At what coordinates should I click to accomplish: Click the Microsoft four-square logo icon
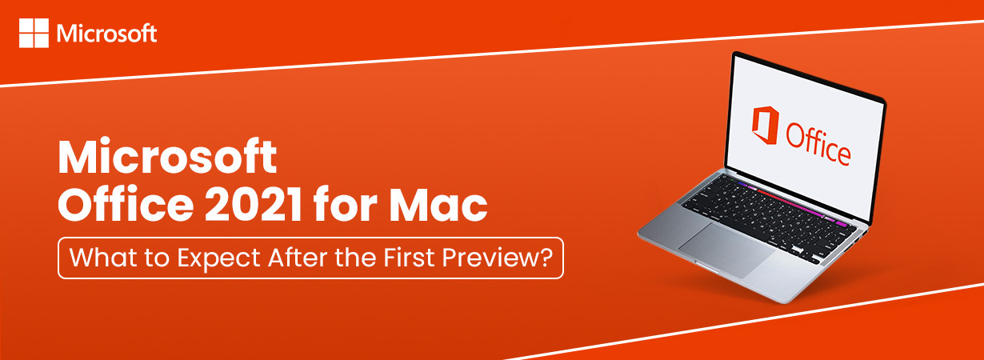[x=34, y=33]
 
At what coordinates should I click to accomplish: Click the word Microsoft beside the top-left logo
[x=107, y=34]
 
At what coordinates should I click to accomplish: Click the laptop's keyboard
[x=769, y=209]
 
